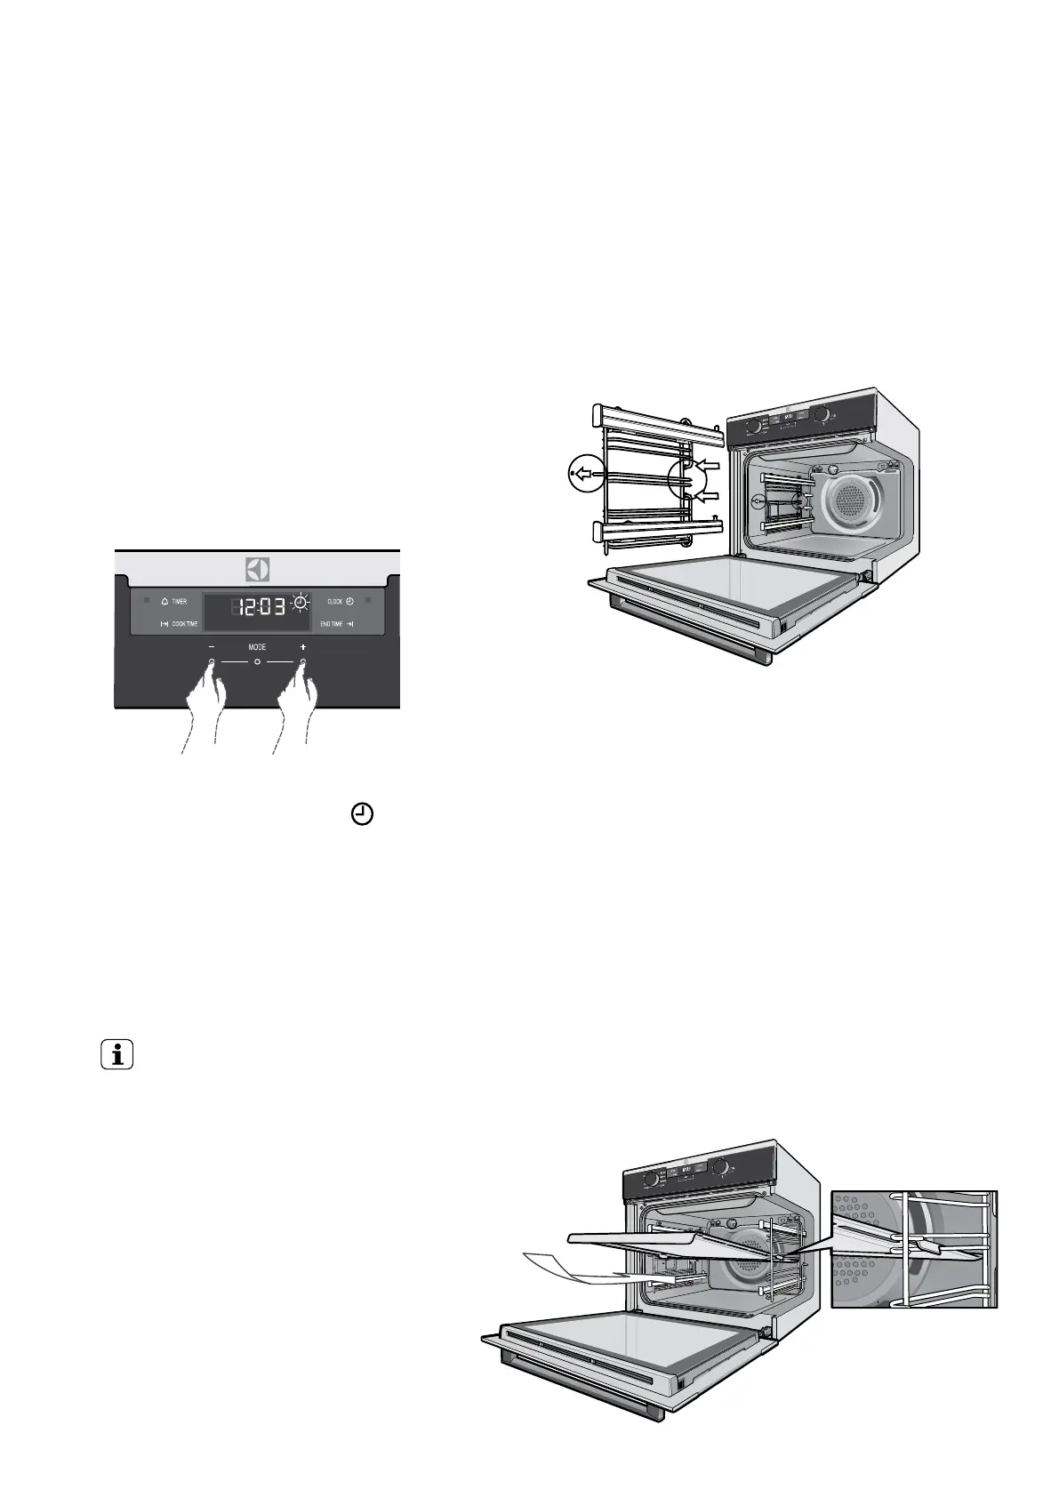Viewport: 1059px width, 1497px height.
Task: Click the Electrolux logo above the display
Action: coord(257,569)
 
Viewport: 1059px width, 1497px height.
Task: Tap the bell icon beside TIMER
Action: coord(164,602)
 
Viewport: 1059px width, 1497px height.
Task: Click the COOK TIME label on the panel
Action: coord(185,624)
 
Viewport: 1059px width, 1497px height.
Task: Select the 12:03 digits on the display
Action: coord(259,607)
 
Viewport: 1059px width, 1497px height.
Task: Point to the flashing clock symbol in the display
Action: coord(301,604)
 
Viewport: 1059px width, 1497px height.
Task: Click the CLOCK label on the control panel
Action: coord(334,602)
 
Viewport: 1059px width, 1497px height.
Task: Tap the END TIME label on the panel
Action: coord(332,624)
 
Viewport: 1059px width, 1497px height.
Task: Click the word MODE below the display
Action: coord(257,647)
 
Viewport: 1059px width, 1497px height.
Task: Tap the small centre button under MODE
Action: coord(257,663)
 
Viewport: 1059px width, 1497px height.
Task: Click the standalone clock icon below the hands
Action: coord(363,814)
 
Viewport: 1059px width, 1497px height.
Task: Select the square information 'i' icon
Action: coord(116,1056)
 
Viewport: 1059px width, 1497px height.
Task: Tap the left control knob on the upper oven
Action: coord(753,426)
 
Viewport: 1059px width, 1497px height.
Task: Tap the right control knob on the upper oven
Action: coord(822,414)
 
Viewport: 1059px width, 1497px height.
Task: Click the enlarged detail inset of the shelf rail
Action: coord(913,1248)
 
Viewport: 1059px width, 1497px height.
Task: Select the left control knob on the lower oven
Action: coord(651,1178)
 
